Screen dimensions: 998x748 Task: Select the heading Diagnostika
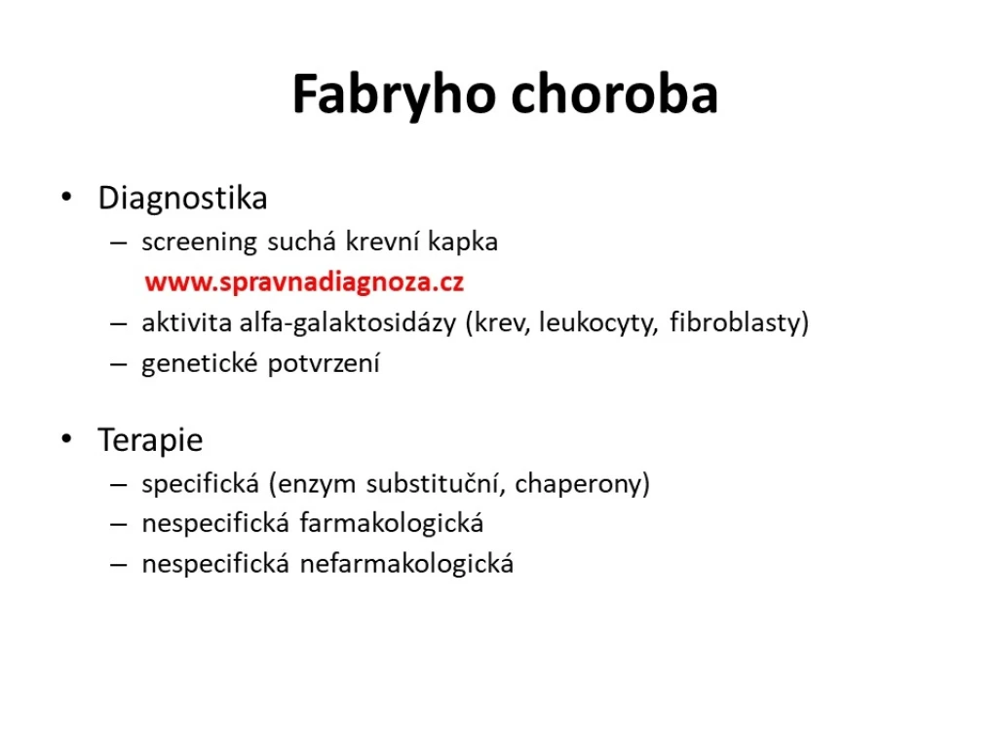point(182,198)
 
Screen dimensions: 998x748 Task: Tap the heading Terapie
point(150,439)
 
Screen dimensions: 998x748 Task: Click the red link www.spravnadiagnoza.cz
point(304,281)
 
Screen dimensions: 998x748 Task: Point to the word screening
point(199,243)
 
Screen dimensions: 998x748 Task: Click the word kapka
point(463,242)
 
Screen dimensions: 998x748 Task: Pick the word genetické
point(199,364)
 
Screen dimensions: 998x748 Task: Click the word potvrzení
point(324,364)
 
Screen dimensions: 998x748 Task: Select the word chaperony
point(579,484)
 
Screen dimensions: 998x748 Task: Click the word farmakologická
point(392,523)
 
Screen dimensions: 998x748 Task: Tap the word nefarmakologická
point(406,564)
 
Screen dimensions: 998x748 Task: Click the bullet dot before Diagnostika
point(67,197)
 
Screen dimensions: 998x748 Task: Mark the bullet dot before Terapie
point(67,439)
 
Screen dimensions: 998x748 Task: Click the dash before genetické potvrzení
point(118,364)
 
